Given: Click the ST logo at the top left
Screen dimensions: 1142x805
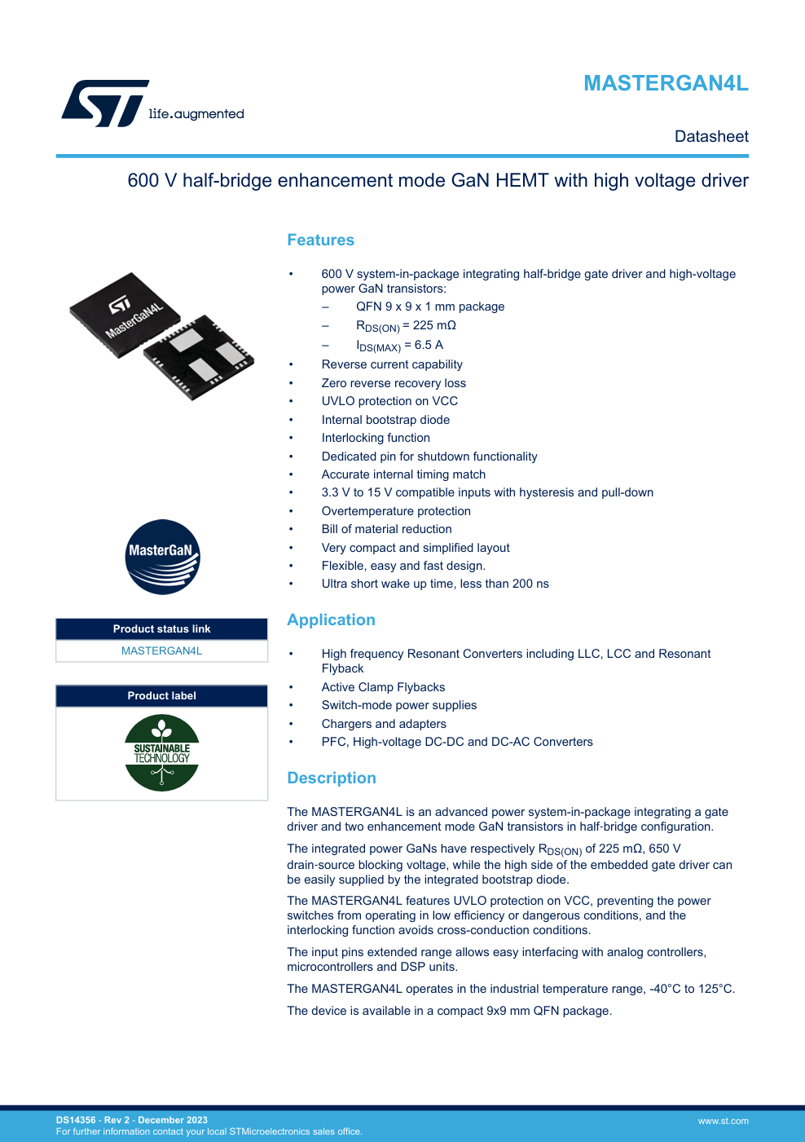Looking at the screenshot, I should (x=105, y=103).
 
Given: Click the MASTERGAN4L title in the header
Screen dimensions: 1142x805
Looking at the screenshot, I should (x=666, y=83).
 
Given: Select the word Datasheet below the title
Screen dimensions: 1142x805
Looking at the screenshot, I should (x=711, y=137).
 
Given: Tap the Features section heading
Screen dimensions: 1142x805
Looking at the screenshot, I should (x=320, y=240).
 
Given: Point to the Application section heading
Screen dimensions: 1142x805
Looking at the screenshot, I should (x=331, y=620).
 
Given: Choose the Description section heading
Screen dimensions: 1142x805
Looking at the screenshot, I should (x=332, y=778).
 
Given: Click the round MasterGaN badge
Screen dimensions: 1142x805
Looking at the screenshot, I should (x=163, y=557).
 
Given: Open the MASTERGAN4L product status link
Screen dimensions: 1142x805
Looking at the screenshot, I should (x=161, y=651).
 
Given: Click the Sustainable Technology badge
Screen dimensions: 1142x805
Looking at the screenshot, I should (x=162, y=752).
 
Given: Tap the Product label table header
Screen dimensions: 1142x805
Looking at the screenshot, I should (x=161, y=696).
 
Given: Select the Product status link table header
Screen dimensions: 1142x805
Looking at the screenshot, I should (x=161, y=629).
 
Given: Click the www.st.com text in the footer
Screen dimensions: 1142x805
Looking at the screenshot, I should (x=723, y=1122).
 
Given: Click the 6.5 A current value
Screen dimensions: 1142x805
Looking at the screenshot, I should (x=429, y=345).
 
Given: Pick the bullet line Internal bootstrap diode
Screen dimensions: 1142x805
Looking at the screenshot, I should (x=385, y=420).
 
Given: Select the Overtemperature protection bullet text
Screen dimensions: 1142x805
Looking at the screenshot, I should (x=396, y=511).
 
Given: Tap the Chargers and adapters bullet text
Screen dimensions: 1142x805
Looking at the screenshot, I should (x=384, y=724).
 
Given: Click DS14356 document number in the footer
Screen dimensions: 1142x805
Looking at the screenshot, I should (x=76, y=1120).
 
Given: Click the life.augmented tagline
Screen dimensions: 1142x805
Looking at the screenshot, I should (x=196, y=114).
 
